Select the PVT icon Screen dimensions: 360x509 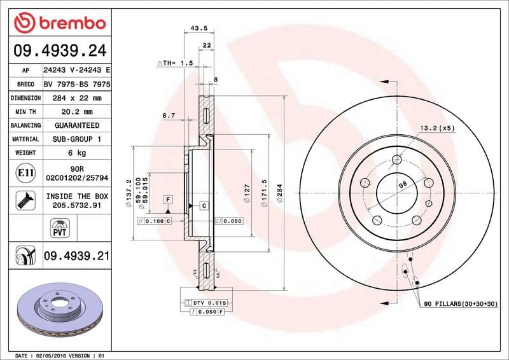point(59,228)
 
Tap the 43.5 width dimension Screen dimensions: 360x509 point(199,28)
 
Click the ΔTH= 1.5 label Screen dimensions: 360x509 point(174,64)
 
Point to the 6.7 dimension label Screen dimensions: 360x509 point(169,115)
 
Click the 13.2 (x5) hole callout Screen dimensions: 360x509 point(437,128)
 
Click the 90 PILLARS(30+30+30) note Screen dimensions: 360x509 point(461,305)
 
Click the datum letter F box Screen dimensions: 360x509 point(168,200)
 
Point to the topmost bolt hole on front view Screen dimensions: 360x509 point(397,160)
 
